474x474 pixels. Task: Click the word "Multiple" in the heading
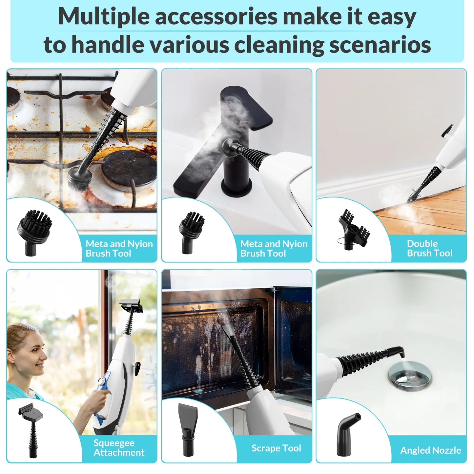click(x=104, y=16)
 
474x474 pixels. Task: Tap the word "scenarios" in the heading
click(x=380, y=44)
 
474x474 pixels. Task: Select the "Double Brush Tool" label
click(x=429, y=248)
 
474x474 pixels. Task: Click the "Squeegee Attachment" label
click(x=119, y=447)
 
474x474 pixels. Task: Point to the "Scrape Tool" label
click(x=276, y=448)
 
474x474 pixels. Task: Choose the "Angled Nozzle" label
click(x=430, y=450)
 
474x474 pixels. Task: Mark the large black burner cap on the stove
click(x=129, y=168)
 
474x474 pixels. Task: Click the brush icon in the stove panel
click(x=34, y=232)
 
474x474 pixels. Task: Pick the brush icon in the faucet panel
click(x=191, y=232)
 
